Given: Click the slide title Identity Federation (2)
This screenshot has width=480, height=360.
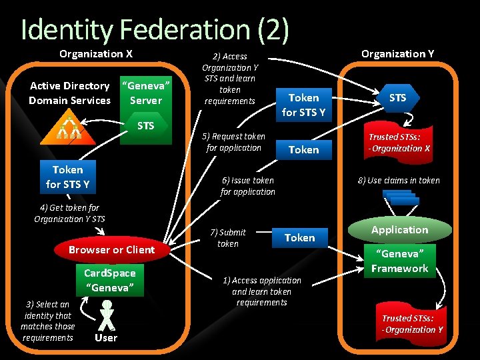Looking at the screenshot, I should pos(155,29).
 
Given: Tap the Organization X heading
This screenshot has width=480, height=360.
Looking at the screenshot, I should pos(96,54).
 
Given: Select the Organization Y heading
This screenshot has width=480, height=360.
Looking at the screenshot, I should pos(397,54).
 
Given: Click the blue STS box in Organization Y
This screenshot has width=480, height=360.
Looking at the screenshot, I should pos(397,98).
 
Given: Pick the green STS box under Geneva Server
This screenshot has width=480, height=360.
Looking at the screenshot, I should pos(145,126).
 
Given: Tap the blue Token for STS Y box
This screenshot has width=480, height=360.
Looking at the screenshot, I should pos(67,177).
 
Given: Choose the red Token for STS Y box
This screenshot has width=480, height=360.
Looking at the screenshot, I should pos(303,105).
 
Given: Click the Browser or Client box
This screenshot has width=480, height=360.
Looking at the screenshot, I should pos(111,250).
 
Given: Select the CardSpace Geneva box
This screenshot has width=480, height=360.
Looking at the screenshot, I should pos(110,280).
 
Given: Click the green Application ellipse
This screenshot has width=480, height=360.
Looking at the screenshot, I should pos(400,230).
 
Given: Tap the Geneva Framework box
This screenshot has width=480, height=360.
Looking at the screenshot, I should pos(400,261).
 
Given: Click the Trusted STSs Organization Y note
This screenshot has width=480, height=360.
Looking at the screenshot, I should pos(412,324).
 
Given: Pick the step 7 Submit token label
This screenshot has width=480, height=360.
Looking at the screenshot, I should pos(228,238).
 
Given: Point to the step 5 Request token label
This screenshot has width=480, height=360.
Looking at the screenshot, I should pos(233,142).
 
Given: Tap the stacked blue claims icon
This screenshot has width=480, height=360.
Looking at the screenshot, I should pos(401,198).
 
